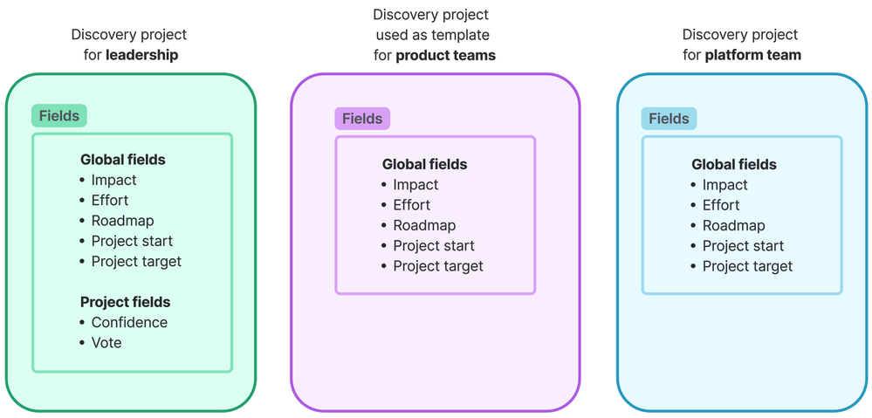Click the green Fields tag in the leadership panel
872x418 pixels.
(59, 116)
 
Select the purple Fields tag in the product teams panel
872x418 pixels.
(362, 119)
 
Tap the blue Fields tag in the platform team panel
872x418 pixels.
(669, 119)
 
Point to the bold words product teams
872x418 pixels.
(445, 55)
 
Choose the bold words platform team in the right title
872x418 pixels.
(754, 55)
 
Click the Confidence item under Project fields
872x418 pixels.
(129, 322)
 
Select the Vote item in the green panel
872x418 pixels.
(106, 343)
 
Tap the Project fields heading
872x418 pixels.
(125, 302)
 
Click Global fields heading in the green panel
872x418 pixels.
(122, 160)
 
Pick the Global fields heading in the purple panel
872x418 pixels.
(424, 164)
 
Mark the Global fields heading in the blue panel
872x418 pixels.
(733, 164)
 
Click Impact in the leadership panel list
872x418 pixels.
(113, 180)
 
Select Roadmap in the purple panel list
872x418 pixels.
(424, 225)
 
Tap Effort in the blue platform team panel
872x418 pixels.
(721, 205)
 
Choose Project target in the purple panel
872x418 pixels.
(437, 266)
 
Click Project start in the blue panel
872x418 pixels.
(743, 246)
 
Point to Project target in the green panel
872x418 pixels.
(136, 261)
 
